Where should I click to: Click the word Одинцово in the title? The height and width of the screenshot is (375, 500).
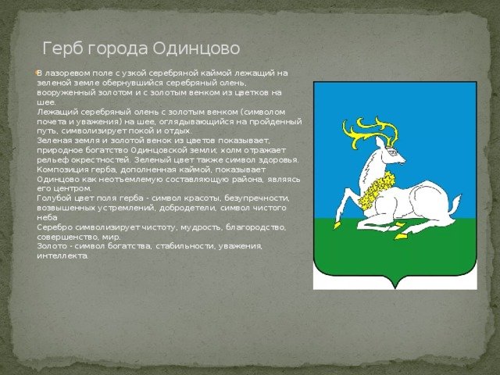pyautogui.click(x=196, y=48)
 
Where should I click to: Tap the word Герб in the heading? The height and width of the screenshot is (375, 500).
pyautogui.click(x=62, y=48)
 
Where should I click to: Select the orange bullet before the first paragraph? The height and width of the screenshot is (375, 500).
pyautogui.click(x=37, y=73)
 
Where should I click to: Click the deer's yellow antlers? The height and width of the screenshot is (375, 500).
pyautogui.click(x=370, y=132)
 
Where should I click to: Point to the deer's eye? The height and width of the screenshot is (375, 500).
pyautogui.click(x=393, y=153)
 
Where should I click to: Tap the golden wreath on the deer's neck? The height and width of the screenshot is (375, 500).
pyautogui.click(x=377, y=189)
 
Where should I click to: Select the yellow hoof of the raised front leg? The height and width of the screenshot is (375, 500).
pyautogui.click(x=337, y=225)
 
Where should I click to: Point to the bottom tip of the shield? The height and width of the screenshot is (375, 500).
pyautogui.click(x=395, y=288)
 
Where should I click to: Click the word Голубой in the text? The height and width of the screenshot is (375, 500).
pyautogui.click(x=50, y=198)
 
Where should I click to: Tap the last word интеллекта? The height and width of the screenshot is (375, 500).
pyautogui.click(x=62, y=256)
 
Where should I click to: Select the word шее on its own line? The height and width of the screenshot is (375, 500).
pyautogui.click(x=46, y=102)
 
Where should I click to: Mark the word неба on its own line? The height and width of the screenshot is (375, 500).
pyautogui.click(x=47, y=217)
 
